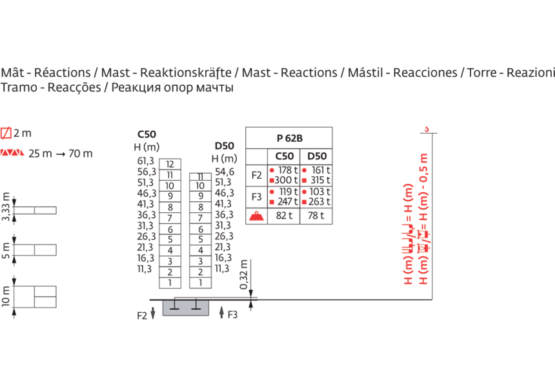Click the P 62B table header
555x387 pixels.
click(x=289, y=137)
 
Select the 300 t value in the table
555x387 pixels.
click(x=287, y=180)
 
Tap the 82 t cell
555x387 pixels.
click(x=284, y=215)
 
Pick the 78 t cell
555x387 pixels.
click(x=316, y=215)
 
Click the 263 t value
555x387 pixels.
click(x=318, y=201)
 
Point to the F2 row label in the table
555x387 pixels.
click(x=256, y=175)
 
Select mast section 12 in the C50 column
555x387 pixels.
click(x=170, y=164)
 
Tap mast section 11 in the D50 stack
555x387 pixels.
click(x=201, y=175)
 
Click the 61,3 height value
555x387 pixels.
click(x=146, y=161)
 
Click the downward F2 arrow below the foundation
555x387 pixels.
click(x=152, y=314)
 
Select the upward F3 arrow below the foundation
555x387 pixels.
click(x=221, y=313)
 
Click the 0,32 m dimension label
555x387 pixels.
click(x=244, y=275)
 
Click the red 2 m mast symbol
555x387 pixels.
click(x=6, y=134)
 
